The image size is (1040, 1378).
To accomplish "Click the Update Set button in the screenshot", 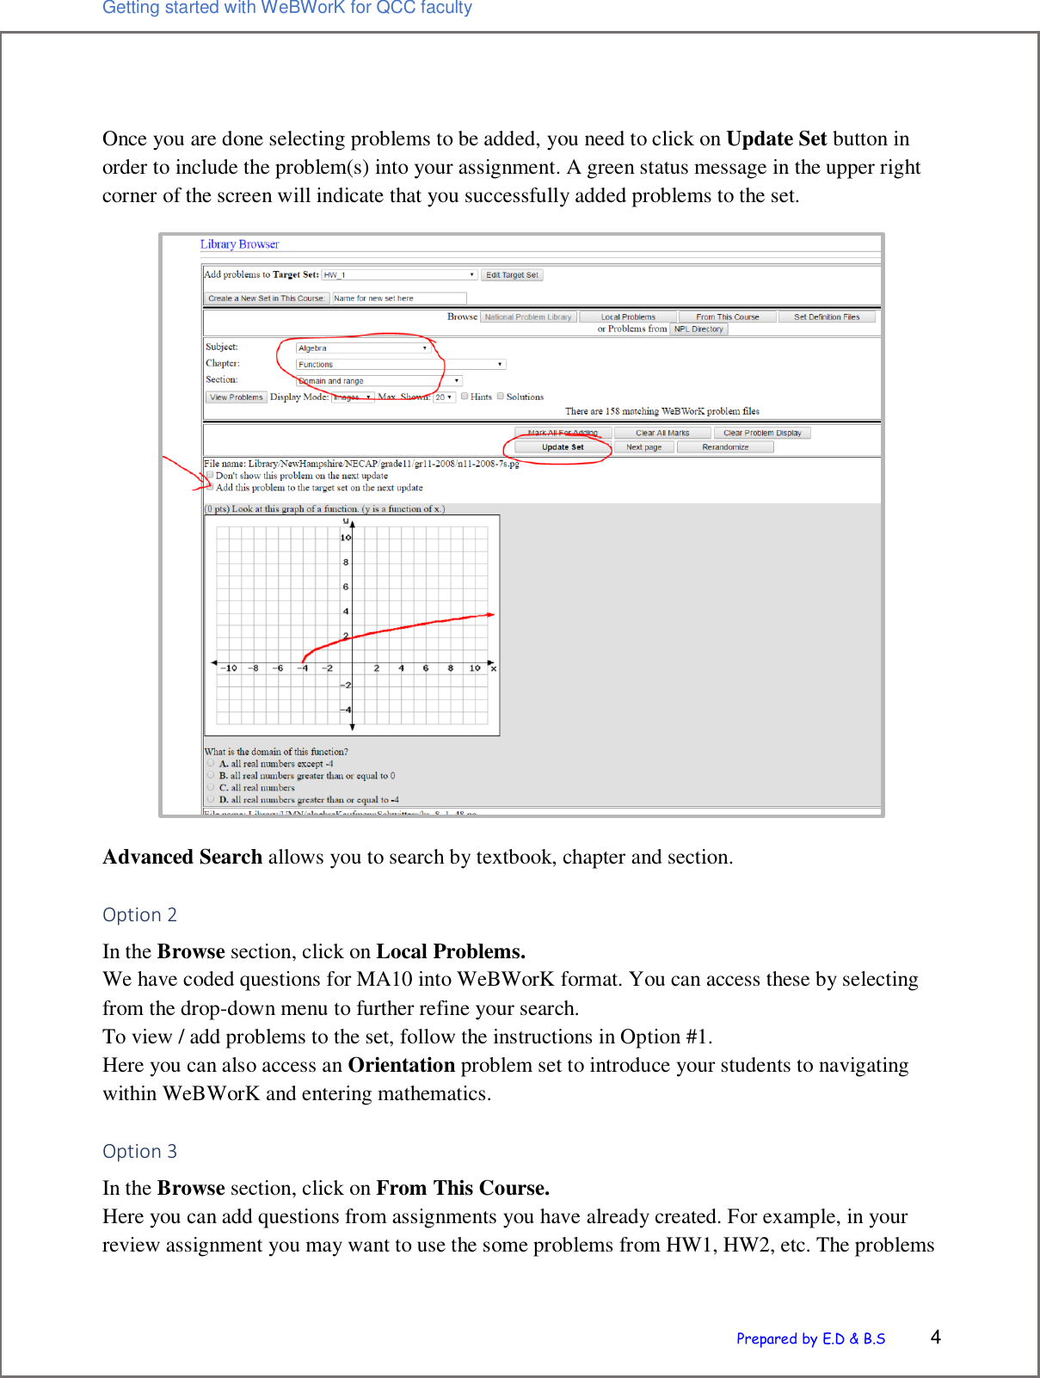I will pos(563,447).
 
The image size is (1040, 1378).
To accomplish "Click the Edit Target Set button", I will pos(512,275).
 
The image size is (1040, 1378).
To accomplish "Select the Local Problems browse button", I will pos(628,317).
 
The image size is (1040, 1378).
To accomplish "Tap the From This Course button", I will pos(728,317).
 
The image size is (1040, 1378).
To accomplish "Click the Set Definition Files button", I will pos(827,317).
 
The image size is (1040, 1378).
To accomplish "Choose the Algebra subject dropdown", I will pos(363,348).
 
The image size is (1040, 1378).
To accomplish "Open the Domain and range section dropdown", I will pos(379,381).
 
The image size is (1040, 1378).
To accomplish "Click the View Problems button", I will pos(237,397).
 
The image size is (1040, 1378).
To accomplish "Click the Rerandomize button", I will pos(725,447).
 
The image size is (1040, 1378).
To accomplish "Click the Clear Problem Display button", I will pos(762,434).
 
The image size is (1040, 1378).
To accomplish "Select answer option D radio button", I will pos(211,799).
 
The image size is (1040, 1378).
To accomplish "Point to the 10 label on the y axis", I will pos(345,538).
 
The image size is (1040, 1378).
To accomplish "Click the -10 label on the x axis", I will pos(230,668).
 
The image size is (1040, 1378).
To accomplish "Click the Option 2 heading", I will pos(139,914).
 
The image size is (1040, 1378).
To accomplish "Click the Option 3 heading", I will pos(139,1151).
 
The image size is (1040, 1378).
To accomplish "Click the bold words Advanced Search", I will pos(182,857).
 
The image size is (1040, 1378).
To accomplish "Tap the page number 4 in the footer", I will pos(935,1337).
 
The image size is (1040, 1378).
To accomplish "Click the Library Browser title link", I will pos(239,244).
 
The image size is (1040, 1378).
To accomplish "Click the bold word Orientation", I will pos(401,1065).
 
